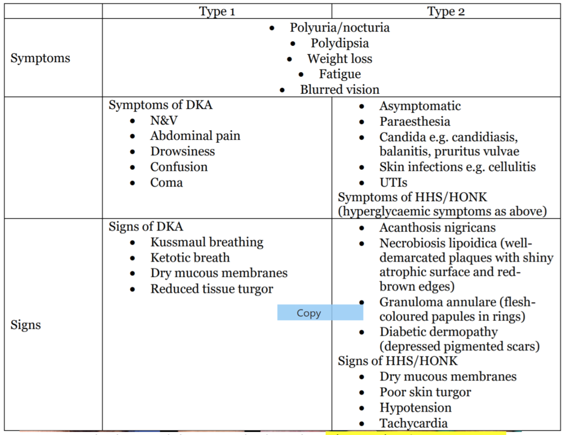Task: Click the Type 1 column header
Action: pos(217,12)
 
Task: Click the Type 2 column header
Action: pos(446,12)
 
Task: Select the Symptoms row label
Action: pos(40,58)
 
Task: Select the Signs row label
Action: pos(26,325)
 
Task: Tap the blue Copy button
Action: pos(309,313)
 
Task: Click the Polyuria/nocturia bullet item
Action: pos(339,28)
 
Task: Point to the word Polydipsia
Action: pos(339,43)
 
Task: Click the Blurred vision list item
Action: pos(339,89)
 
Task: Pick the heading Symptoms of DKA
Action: pos(160,105)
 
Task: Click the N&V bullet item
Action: pos(164,121)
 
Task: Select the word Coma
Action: pos(166,183)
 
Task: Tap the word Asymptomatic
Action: pos(420,106)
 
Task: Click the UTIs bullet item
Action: pos(393,183)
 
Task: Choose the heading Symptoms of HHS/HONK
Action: pos(412,197)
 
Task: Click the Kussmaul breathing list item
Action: pos(207,242)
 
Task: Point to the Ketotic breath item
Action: pos(189,258)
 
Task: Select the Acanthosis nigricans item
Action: pos(437,228)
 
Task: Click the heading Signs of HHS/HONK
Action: pos(397,361)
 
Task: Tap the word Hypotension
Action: pos(415,408)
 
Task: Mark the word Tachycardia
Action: pos(413,423)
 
